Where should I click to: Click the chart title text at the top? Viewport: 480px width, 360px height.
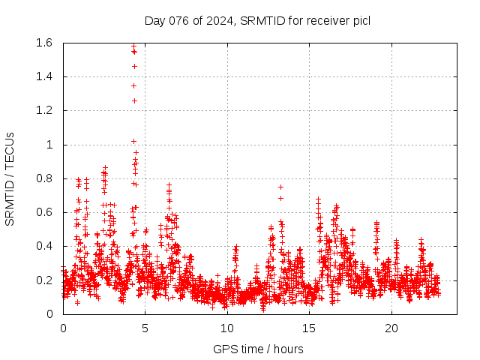click(257, 20)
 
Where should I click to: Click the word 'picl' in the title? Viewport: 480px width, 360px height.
click(361, 20)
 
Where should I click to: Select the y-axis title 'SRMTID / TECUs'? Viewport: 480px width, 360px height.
click(10, 178)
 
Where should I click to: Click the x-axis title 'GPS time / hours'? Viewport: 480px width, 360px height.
click(257, 349)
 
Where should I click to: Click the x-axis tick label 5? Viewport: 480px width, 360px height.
click(145, 328)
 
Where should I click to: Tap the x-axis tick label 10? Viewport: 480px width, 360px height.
click(227, 328)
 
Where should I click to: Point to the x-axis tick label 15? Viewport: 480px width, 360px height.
click(309, 328)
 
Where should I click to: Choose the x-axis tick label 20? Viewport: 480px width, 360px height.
click(391, 328)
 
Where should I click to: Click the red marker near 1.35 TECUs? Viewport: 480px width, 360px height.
click(133, 85)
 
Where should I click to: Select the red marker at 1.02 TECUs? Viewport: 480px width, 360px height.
click(133, 141)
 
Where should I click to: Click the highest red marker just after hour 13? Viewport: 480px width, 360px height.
click(280, 187)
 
